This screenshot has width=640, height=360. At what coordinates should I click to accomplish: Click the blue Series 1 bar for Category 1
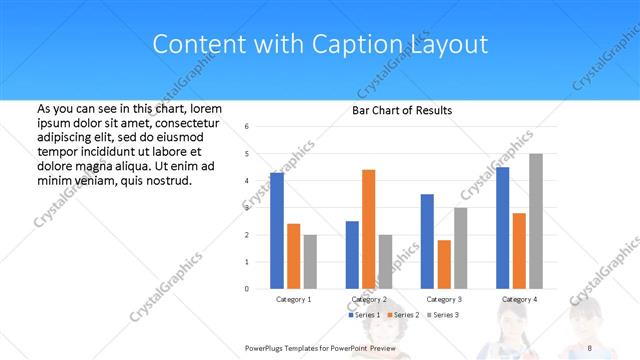coord(277,230)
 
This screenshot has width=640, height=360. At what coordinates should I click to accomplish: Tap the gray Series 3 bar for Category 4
coord(536,221)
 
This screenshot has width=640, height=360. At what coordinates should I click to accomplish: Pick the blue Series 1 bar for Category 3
coord(427,241)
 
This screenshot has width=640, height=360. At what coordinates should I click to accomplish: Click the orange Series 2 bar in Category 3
coord(444,264)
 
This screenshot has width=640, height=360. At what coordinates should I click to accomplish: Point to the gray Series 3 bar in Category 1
coord(310,261)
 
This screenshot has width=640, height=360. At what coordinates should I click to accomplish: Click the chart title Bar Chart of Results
coord(401,110)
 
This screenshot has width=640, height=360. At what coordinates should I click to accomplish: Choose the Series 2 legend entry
coord(402,315)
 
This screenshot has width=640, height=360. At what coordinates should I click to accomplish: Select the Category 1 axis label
coord(293,299)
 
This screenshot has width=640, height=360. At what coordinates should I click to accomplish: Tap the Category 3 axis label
coord(444,299)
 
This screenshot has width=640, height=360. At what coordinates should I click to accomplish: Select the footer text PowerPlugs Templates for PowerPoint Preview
coord(320,347)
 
